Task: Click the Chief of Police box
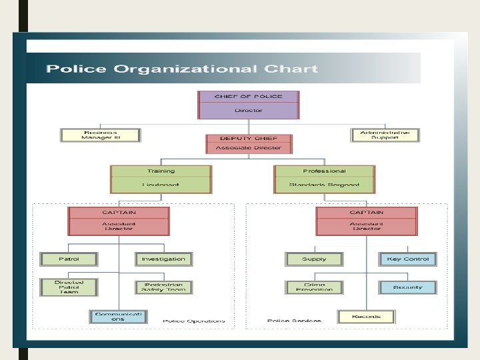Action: [249, 104]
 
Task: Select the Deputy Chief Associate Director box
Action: [249, 144]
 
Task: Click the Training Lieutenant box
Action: [161, 179]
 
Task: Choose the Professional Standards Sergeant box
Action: [324, 179]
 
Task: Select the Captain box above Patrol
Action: [119, 221]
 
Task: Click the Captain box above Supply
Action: [367, 221]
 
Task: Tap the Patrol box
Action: [69, 259]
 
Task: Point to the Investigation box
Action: [164, 259]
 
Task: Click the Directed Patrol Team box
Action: [69, 287]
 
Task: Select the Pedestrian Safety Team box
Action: [164, 287]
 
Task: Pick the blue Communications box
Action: [118, 315]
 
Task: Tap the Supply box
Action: [314, 259]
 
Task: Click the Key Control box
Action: [408, 259]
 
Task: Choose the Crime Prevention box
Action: [314, 287]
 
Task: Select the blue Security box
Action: [408, 287]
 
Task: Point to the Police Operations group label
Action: [194, 321]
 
